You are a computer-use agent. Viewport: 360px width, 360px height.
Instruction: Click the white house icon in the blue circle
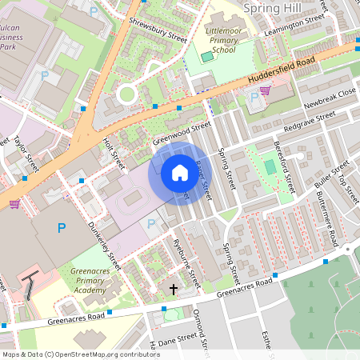[x=179, y=173]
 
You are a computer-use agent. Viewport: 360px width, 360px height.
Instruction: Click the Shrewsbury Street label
[x=158, y=29]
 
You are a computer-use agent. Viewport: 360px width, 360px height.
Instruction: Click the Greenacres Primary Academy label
[x=89, y=281]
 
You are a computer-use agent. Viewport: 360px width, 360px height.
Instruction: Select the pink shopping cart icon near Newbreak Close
[x=265, y=90]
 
